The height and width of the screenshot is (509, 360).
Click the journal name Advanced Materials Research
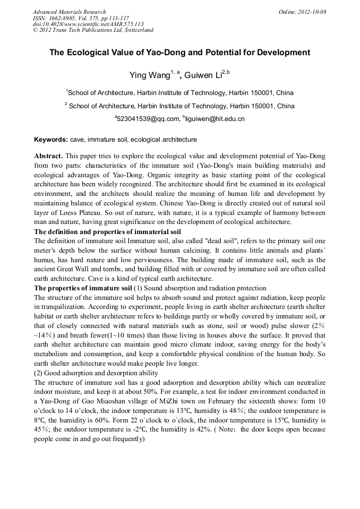click(x=69, y=12)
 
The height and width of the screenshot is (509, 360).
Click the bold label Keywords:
click(x=51, y=140)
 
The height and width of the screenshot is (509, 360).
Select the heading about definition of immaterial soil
click(x=107, y=232)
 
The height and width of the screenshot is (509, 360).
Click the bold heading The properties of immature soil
click(x=83, y=288)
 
